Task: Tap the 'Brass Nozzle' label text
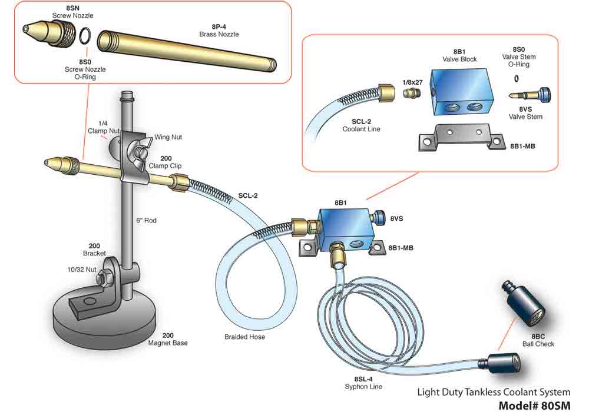pos(219,35)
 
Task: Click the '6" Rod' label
pos(147,221)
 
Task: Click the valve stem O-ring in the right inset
pos(516,78)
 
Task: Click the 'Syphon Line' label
pos(363,387)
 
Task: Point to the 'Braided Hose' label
pos(244,337)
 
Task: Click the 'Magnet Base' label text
pos(168,343)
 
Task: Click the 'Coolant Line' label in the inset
pos(361,129)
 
